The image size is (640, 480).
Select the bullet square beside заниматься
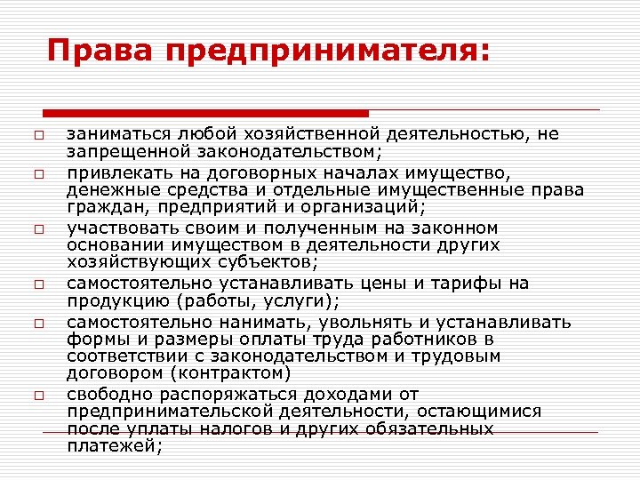[x=28, y=135]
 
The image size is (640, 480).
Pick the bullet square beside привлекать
[x=28, y=172]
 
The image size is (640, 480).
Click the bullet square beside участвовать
[x=28, y=229]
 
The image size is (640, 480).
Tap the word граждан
[x=102, y=208]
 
